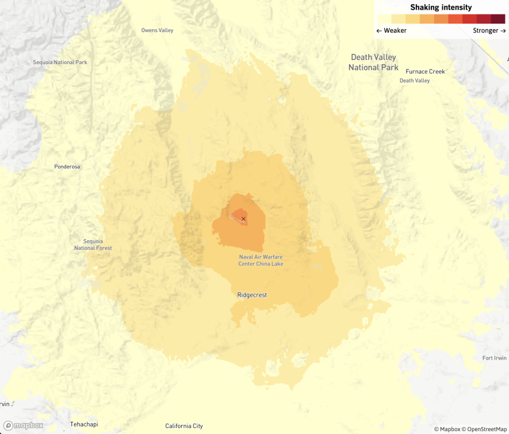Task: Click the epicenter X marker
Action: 243,219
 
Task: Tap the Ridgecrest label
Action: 252,295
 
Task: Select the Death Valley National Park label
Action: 373,62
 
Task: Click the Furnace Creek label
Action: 425,71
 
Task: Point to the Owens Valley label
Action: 157,30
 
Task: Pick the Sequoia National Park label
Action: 60,62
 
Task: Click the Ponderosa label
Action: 67,166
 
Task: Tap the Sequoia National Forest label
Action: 93,245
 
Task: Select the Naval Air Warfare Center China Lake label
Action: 261,260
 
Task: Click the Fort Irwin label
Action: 495,358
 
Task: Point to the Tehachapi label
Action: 84,424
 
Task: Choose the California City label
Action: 184,426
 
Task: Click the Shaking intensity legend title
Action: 441,7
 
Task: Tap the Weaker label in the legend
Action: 391,30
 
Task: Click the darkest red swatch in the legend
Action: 498,19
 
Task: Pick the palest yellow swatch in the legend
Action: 384,19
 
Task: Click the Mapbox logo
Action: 23,425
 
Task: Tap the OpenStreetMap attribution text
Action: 485,429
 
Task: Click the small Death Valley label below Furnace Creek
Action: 414,81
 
